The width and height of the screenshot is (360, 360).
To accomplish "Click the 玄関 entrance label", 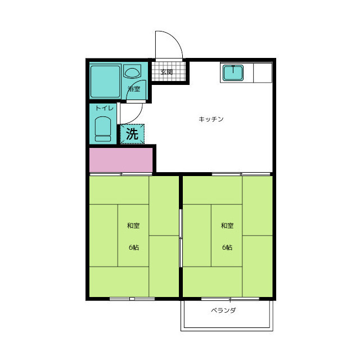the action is coord(166,72).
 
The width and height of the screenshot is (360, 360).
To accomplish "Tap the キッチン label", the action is coord(211,119).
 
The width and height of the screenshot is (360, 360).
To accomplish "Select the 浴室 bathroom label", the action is coord(134,89).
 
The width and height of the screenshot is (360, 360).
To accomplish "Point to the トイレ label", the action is coord(105,108).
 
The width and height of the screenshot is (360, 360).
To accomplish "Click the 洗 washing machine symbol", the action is coord(132,134).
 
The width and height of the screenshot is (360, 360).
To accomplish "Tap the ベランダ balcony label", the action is coord(223,310).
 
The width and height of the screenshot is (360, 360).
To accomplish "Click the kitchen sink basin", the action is coord(233,73).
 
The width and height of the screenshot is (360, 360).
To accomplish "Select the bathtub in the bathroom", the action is coord(105,82).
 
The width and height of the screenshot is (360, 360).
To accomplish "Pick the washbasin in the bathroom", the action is coord(132,71).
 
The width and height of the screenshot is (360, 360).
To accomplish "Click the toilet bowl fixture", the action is coord(103,129).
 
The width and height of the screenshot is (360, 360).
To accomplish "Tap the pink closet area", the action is coord(121,160).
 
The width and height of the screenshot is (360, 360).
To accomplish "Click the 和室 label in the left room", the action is coord(133,226).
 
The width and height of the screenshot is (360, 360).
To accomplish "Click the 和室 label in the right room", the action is coord(227,226).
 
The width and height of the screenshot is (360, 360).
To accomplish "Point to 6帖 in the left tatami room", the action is coord(134,247).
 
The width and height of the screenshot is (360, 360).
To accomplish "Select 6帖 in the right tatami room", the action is coord(227,247).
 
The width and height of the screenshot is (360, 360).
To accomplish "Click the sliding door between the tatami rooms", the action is coord(181,238).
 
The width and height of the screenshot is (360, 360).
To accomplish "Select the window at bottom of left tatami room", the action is coord(132,299).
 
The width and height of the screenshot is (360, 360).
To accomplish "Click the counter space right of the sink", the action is coord(263,73).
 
